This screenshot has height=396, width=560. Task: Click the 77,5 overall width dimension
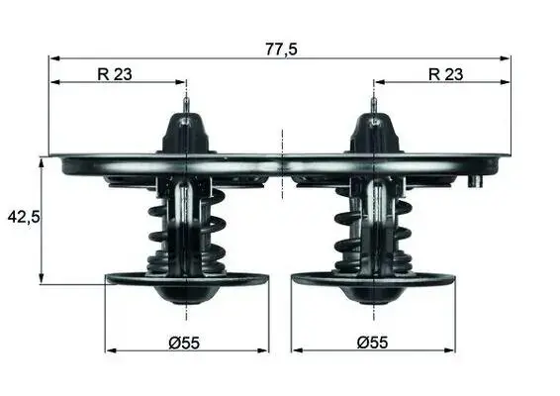(x=281, y=49)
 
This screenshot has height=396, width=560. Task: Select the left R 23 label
(x=115, y=74)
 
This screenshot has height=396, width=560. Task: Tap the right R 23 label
(x=445, y=74)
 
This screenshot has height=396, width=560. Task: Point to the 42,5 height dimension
(x=24, y=217)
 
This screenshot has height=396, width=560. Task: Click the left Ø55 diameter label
(x=184, y=344)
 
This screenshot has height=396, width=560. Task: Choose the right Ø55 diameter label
(x=372, y=344)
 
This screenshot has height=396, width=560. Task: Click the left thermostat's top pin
(x=186, y=106)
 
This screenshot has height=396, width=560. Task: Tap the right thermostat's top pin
(x=374, y=106)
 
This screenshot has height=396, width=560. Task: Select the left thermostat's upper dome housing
(x=185, y=133)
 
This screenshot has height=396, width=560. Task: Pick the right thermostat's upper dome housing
(x=374, y=133)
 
